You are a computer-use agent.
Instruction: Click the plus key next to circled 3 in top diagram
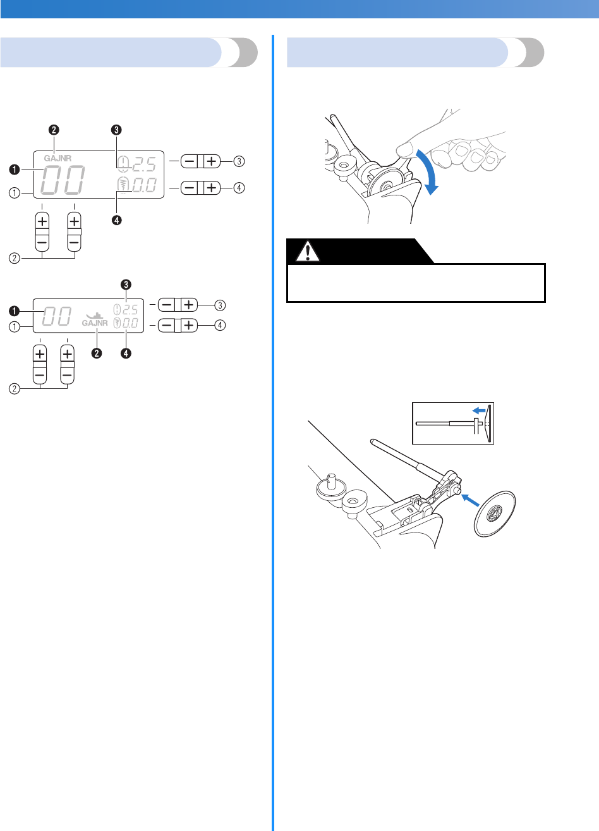tap(210, 161)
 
